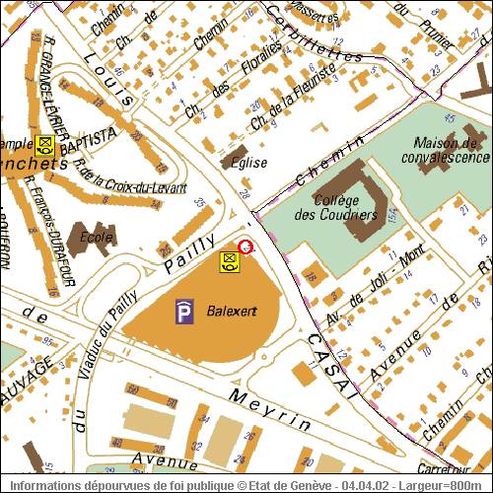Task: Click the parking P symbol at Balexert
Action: pos(184,312)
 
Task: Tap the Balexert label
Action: pos(232,311)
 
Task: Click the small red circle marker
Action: pos(246,246)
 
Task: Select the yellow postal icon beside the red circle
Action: pos(229,261)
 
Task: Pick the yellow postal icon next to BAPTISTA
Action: pos(44,144)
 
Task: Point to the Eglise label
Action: pos(246,163)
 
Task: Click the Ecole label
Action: pos(97,237)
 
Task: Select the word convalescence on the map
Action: pos(446,157)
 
